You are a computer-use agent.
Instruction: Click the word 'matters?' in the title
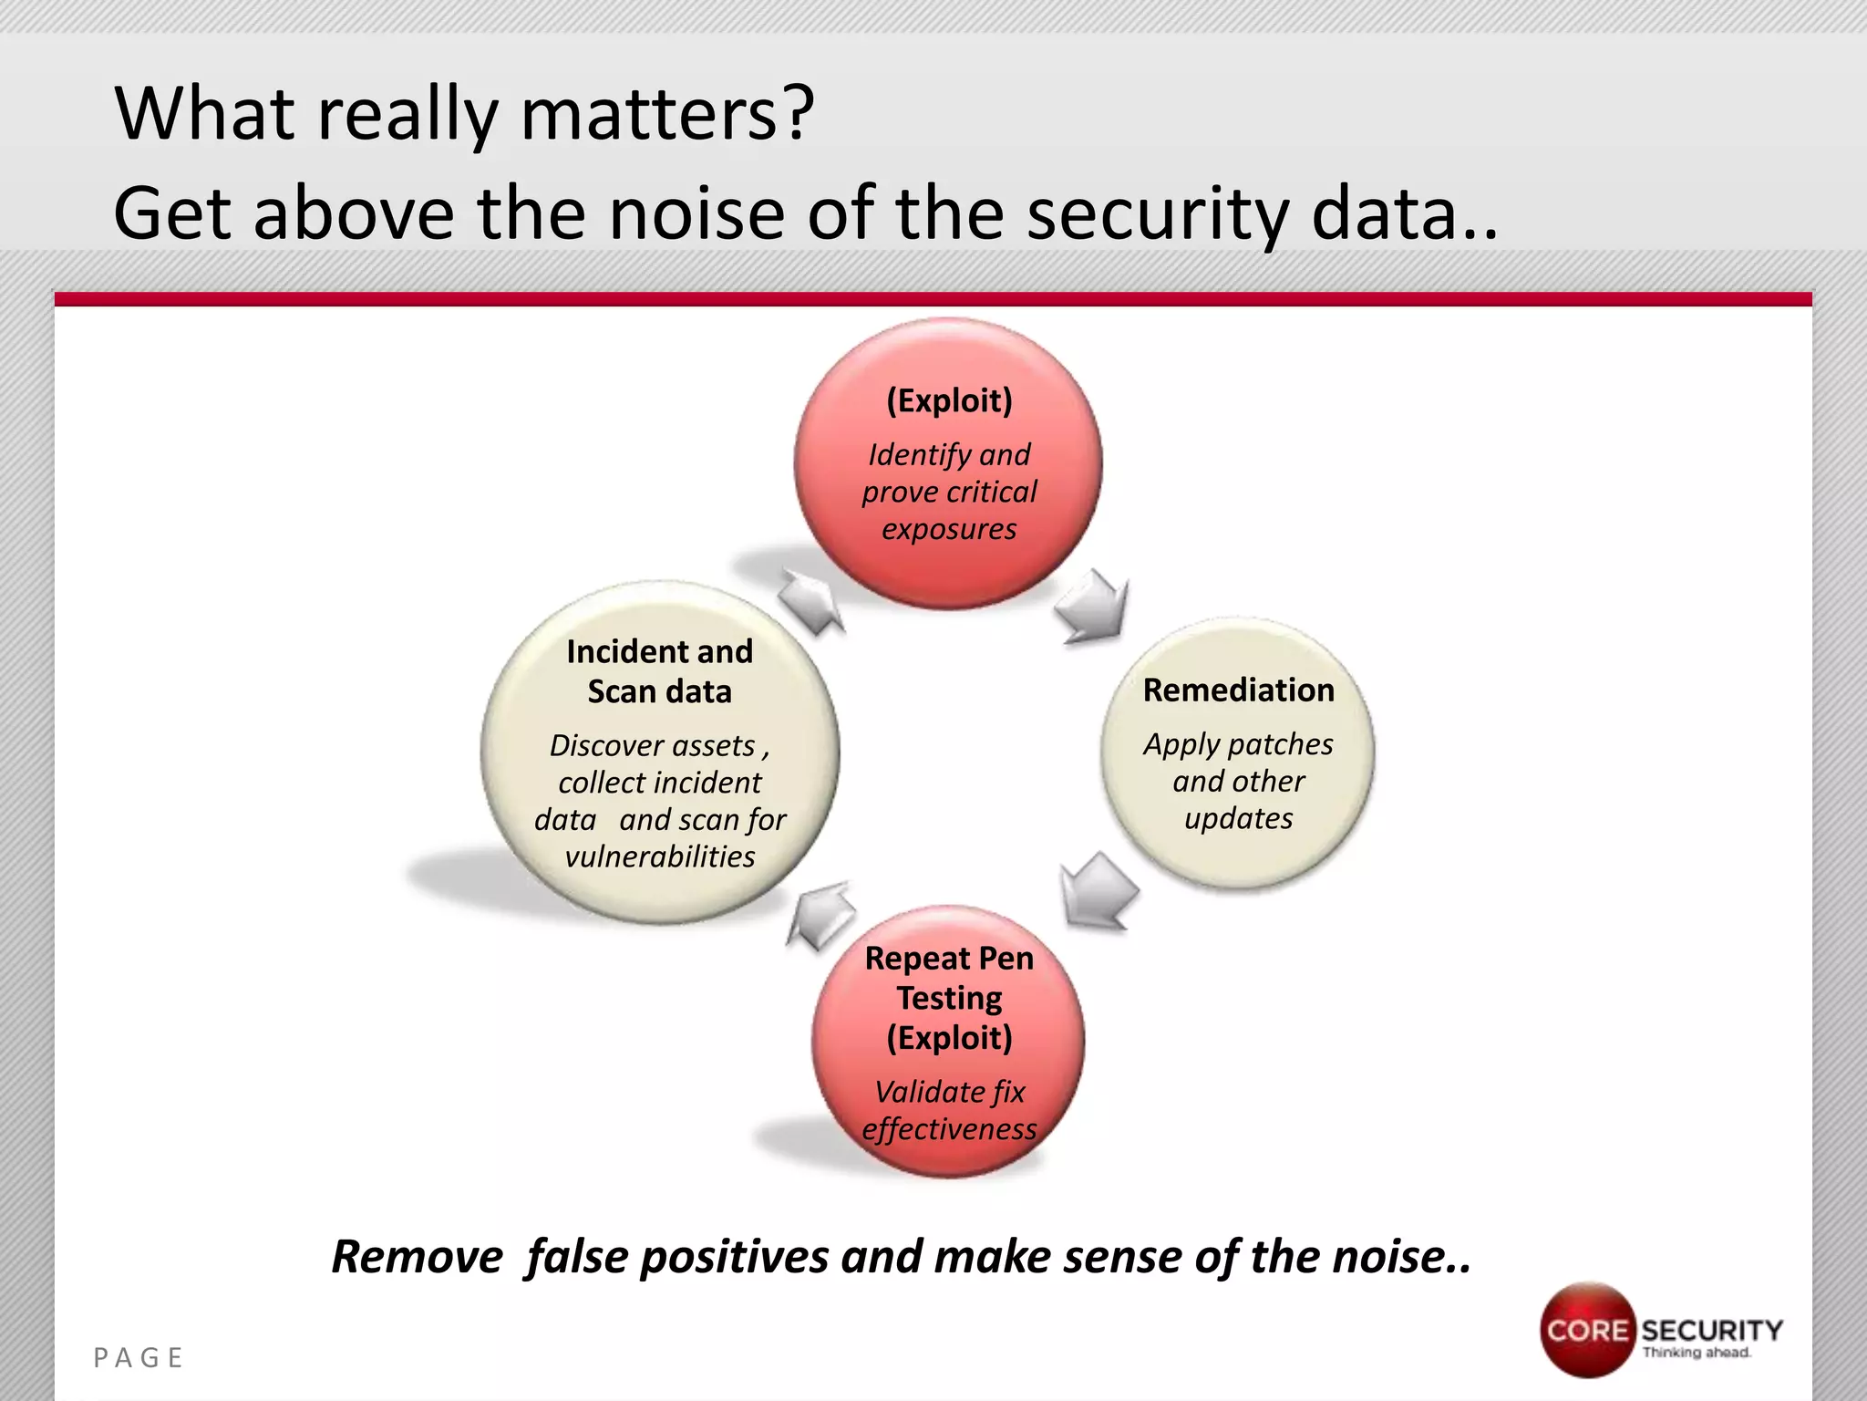click(x=666, y=114)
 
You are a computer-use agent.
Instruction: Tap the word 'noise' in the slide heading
click(x=696, y=213)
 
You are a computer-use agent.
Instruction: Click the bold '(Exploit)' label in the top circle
click(x=949, y=400)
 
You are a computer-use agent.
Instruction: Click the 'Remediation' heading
click(x=1238, y=690)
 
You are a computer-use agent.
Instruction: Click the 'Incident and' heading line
click(x=659, y=652)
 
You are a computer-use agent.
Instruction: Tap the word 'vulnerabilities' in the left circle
click(x=659, y=856)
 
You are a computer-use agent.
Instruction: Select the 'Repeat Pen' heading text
click(x=949, y=959)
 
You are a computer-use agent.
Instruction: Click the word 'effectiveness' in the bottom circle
click(x=949, y=1129)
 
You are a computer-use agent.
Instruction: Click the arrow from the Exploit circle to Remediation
click(x=1093, y=606)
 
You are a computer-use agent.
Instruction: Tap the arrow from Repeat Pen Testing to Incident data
click(x=821, y=915)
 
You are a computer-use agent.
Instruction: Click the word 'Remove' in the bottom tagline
click(x=417, y=1257)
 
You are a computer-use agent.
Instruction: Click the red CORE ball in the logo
click(x=1587, y=1330)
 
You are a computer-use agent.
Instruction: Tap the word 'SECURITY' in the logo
click(x=1711, y=1330)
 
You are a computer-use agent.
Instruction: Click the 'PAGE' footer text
click(x=139, y=1358)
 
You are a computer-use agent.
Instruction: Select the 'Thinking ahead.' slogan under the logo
click(x=1696, y=1353)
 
